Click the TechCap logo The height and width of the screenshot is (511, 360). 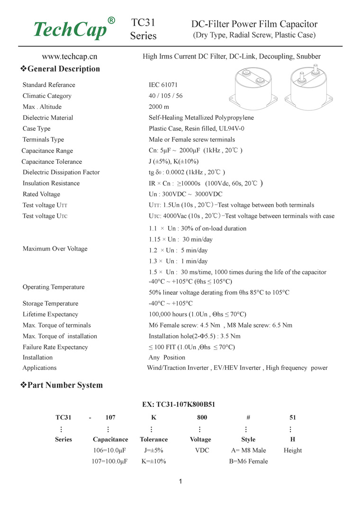pos(73,29)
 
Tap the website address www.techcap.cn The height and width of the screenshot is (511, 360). pos(70,56)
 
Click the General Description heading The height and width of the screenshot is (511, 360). pos(60,69)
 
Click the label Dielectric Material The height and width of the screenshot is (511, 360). pos(48,117)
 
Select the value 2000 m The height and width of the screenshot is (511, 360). pos(159,107)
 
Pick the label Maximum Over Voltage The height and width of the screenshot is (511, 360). pos(55,249)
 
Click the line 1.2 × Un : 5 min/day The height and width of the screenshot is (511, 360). pos(178,251)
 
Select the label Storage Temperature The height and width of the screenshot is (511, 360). pos(51,304)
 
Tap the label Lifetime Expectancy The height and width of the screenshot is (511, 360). pos(50,314)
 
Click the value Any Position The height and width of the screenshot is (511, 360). pos(167,358)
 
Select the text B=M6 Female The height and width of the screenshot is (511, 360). pos(248,461)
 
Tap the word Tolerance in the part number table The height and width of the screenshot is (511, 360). pos(153,439)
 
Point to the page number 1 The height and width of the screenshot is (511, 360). pos(180,482)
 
